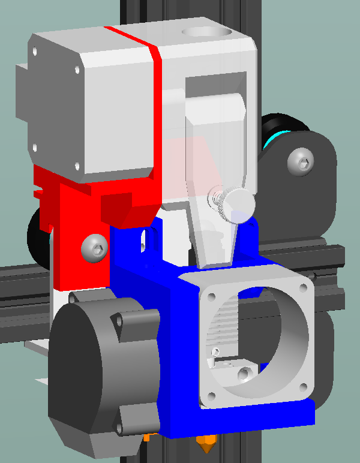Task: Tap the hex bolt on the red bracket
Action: pyautogui.click(x=94, y=246)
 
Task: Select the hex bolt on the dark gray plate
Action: pyautogui.click(x=301, y=161)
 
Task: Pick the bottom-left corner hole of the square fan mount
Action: pyautogui.click(x=209, y=396)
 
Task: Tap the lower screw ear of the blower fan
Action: pyautogui.click(x=124, y=427)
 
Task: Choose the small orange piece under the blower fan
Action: pyautogui.click(x=148, y=437)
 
